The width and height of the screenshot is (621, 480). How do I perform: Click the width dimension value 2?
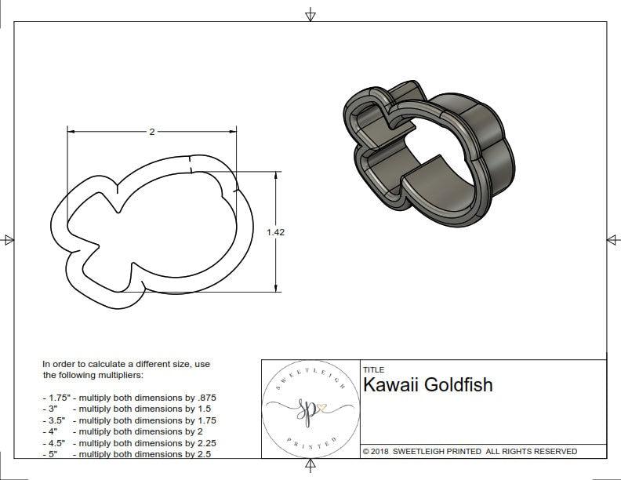tap(151, 132)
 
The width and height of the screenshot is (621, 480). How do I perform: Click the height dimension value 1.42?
tap(275, 231)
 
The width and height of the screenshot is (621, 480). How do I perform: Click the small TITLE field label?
tap(373, 369)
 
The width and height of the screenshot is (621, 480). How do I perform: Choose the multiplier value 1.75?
tap(205, 420)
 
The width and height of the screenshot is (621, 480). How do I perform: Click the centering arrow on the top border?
tap(310, 14)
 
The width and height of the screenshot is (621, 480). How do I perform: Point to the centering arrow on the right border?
tap(612, 239)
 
